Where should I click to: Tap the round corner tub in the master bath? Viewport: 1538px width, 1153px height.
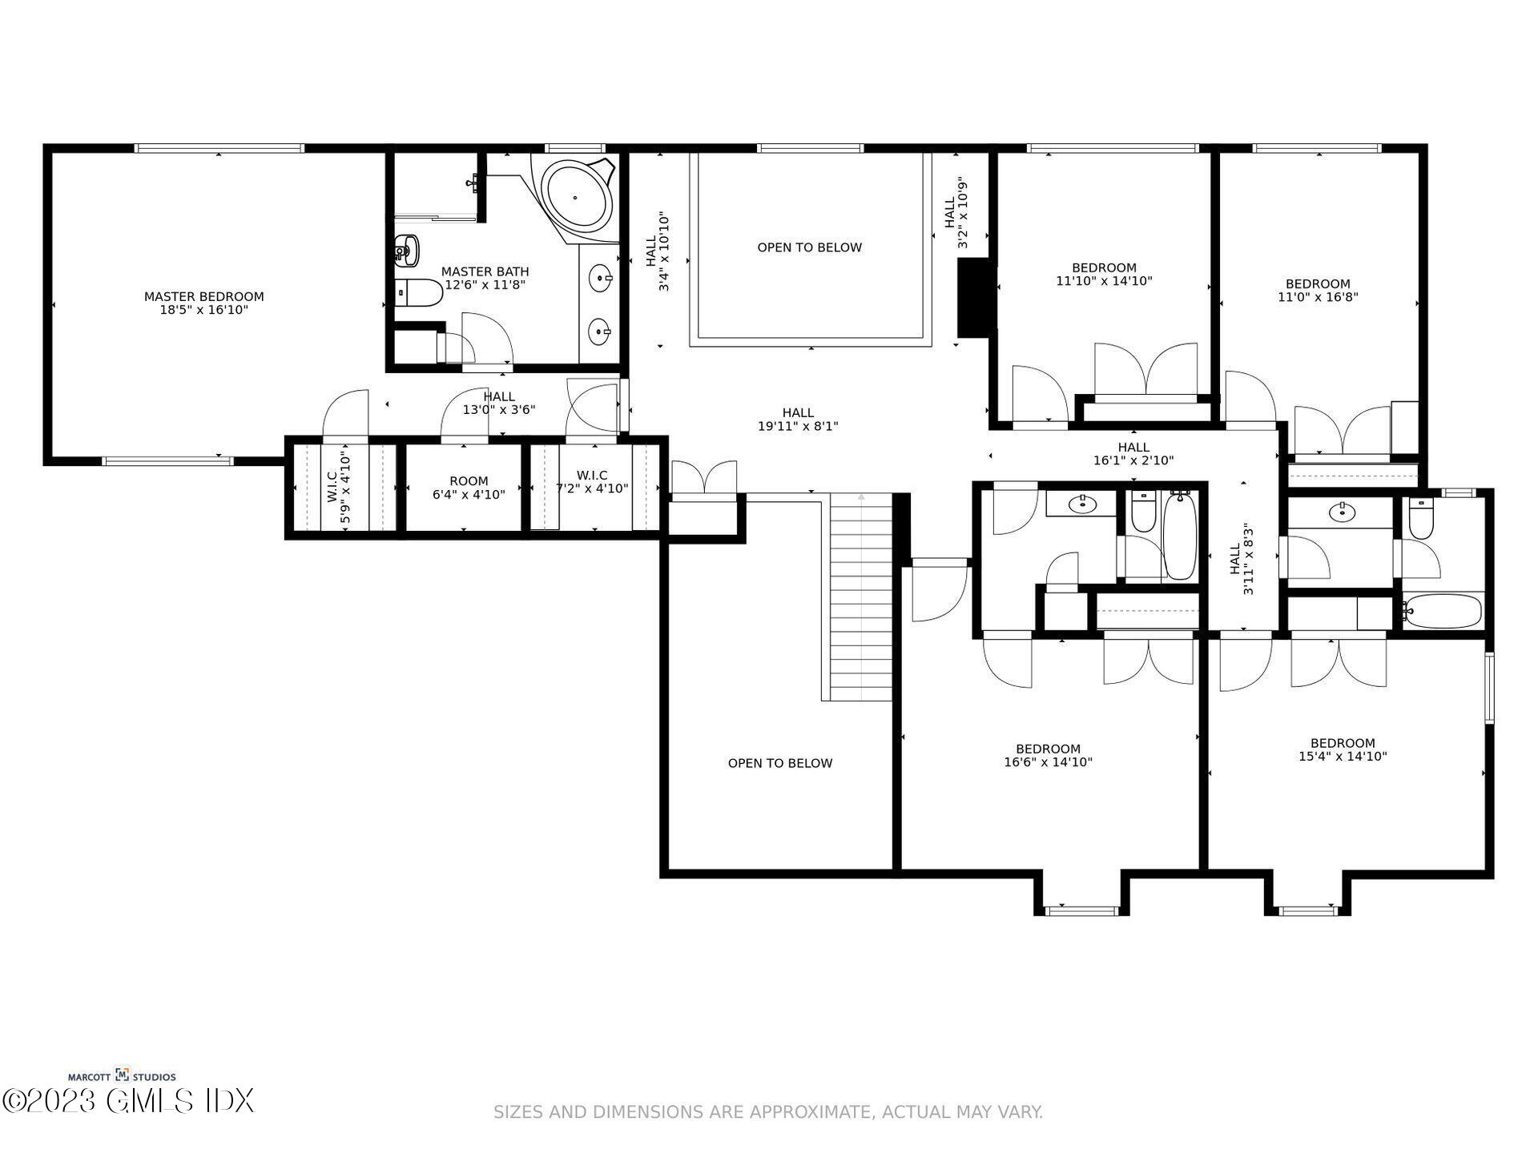tap(574, 196)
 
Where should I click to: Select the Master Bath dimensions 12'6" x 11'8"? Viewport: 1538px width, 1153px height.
tap(485, 285)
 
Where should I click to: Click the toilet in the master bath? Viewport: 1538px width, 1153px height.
tap(418, 293)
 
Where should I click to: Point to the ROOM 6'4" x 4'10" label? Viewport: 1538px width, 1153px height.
tap(469, 488)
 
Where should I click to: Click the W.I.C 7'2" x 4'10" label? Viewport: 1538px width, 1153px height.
tap(592, 482)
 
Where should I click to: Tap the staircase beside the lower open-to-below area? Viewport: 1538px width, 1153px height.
tap(860, 597)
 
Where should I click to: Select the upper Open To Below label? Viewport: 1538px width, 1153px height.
tap(809, 247)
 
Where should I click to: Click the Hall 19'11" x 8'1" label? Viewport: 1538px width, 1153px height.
tap(798, 420)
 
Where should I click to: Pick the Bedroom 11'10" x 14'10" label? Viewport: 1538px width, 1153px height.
tap(1104, 274)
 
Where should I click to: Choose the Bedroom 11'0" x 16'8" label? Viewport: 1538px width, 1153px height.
tap(1318, 290)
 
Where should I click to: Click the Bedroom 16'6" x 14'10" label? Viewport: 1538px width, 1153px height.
tap(1048, 755)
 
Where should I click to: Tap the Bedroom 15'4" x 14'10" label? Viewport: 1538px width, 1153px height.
tap(1343, 749)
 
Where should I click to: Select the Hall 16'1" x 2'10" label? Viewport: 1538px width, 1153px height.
tap(1133, 453)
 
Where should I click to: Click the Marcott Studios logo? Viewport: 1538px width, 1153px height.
tap(122, 1076)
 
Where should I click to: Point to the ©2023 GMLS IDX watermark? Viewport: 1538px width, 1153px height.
tap(128, 1101)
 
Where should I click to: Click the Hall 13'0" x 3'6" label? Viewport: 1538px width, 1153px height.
tap(498, 403)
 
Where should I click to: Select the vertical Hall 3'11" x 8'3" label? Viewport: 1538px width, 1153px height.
tap(1241, 559)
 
